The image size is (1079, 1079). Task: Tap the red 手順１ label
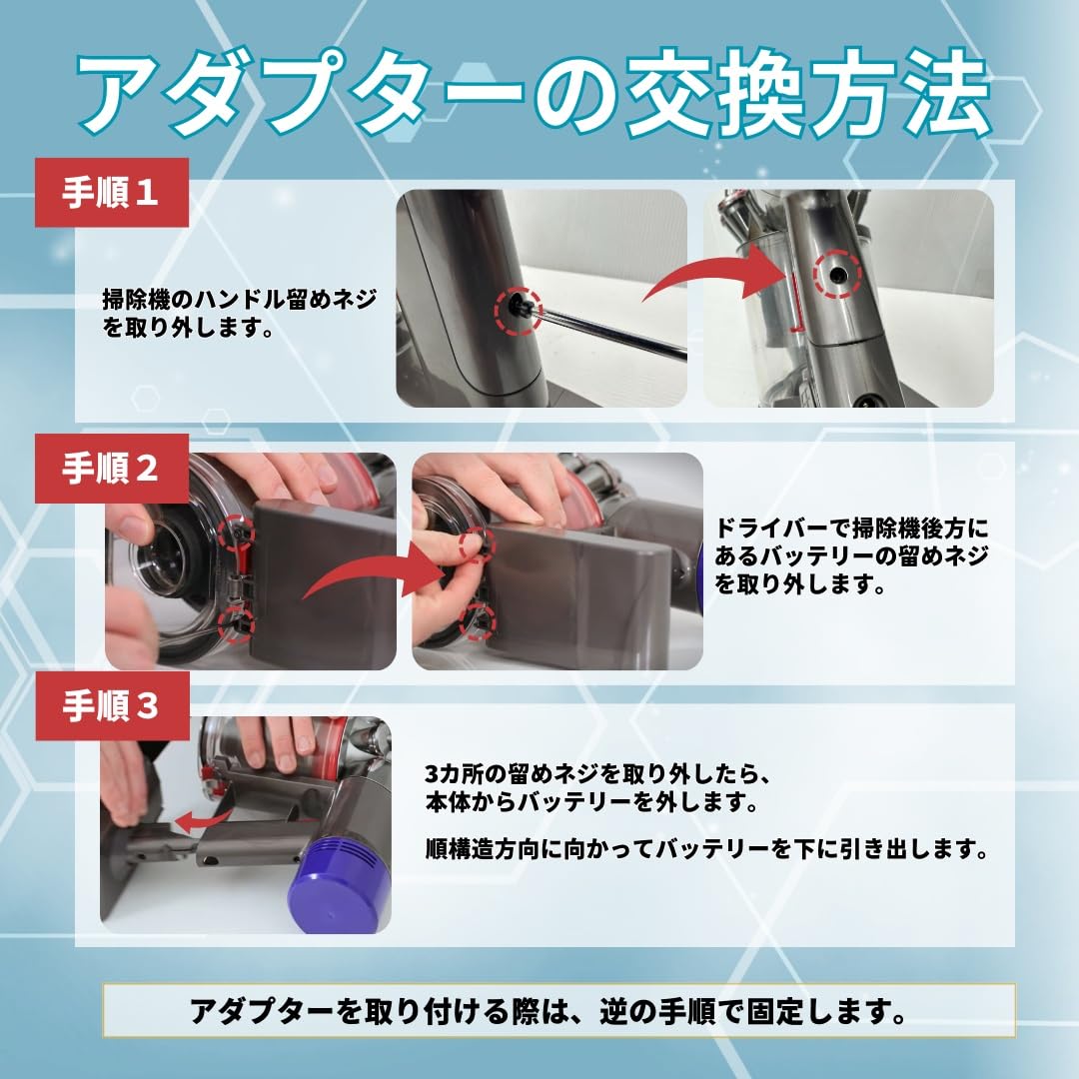[x=112, y=193]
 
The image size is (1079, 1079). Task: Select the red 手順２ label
[x=112, y=469]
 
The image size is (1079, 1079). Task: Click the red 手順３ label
[x=112, y=706]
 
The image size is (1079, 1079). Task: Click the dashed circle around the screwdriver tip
[x=518, y=311]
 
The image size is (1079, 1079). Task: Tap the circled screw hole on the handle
[x=836, y=273]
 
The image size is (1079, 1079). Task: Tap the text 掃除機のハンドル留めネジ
[x=240, y=299]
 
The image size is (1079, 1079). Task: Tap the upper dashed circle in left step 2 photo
[x=237, y=533]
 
